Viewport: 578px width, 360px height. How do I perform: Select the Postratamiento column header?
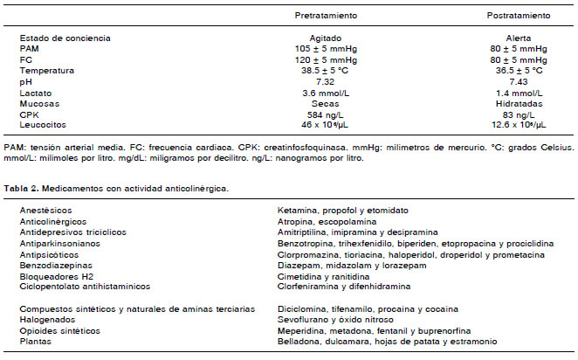pos(518,16)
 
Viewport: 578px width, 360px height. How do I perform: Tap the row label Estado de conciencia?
pos(64,38)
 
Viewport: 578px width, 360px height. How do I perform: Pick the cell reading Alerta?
pos(518,38)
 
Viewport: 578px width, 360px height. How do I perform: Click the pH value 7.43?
pos(518,81)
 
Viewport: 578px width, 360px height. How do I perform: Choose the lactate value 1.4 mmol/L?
pos(518,92)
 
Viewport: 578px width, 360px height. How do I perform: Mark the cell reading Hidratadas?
pos(518,103)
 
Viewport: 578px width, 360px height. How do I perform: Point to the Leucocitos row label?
pos(43,124)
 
